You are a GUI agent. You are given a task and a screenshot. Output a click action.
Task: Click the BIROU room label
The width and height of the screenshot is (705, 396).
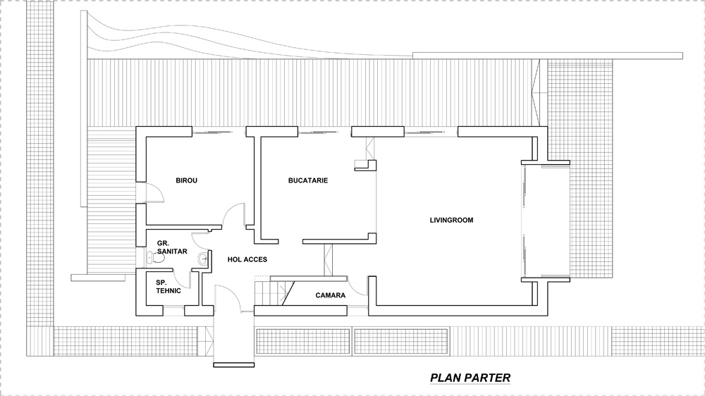pyautogui.click(x=186, y=180)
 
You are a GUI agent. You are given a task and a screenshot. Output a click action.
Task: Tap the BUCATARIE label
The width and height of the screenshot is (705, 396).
pyautogui.click(x=308, y=180)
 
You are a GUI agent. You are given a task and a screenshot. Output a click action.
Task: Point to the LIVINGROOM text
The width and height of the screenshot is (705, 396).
pyautogui.click(x=451, y=221)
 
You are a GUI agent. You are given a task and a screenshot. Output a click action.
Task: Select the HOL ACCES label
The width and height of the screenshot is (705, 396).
pyautogui.click(x=247, y=259)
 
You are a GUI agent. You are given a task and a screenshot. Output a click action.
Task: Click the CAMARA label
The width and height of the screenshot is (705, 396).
pyautogui.click(x=331, y=295)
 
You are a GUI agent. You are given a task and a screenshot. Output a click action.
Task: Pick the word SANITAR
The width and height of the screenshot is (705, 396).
pyautogui.click(x=172, y=252)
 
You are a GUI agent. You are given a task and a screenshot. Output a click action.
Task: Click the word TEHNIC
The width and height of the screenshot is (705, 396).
pyautogui.click(x=168, y=291)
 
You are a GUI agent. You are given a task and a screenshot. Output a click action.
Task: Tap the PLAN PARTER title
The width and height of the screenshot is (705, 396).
pyautogui.click(x=470, y=378)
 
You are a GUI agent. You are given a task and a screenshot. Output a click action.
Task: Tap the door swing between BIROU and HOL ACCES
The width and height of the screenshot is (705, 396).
pyautogui.click(x=234, y=215)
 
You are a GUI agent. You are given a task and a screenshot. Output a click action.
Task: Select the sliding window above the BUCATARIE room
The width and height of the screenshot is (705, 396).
pyautogui.click(x=319, y=132)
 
